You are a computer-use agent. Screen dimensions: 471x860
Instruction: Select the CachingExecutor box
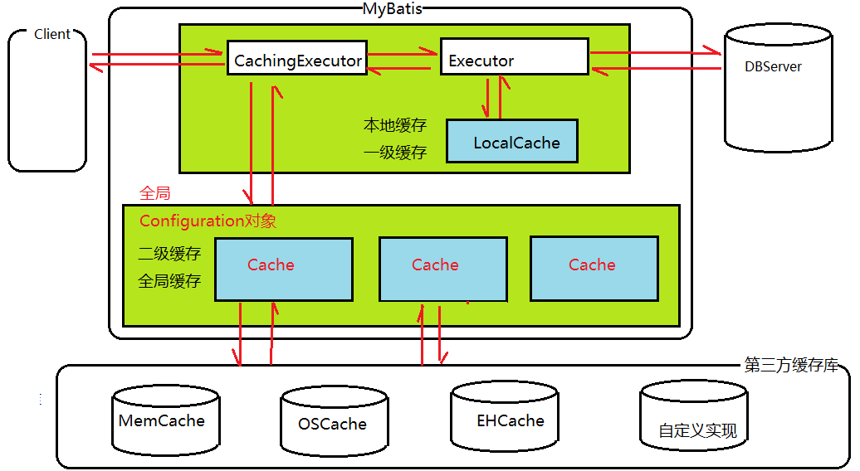(x=296, y=60)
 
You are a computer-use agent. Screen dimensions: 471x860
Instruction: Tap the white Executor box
(x=514, y=56)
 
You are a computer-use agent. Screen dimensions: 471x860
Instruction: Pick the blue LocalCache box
(x=511, y=142)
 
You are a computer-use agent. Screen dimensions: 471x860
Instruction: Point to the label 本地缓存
(x=394, y=126)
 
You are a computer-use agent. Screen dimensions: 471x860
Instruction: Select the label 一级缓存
(x=394, y=153)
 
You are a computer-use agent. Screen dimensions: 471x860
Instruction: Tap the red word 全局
(x=154, y=194)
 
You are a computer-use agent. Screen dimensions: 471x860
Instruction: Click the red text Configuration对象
(x=208, y=221)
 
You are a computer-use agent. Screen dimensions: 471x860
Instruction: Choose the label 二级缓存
(x=169, y=254)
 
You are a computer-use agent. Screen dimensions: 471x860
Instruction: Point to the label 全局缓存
(x=169, y=281)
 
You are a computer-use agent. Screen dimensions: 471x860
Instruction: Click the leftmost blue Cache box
(x=283, y=269)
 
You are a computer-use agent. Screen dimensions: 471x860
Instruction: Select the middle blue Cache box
(x=442, y=269)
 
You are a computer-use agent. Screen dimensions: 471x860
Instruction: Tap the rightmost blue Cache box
(x=594, y=269)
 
